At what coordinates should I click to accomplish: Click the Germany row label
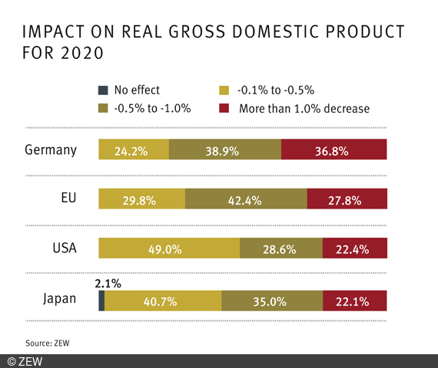pyautogui.click(x=51, y=149)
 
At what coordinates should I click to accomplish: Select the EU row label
pyautogui.click(x=68, y=199)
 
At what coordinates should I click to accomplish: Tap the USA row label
pyautogui.click(x=64, y=248)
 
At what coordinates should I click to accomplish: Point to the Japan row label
pyautogui.click(x=58, y=299)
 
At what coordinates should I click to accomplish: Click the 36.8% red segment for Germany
pyautogui.click(x=333, y=149)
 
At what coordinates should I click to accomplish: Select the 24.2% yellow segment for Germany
pyautogui.click(x=134, y=149)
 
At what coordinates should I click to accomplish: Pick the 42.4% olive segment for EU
pyautogui.click(x=246, y=199)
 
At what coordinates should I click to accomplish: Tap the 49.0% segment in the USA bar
pyautogui.click(x=169, y=248)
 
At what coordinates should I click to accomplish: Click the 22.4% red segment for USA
pyautogui.click(x=354, y=248)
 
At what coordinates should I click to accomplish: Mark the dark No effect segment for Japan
pyautogui.click(x=101, y=301)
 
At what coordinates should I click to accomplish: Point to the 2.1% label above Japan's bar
pyautogui.click(x=108, y=283)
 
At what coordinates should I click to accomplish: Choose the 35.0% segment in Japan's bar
pyautogui.click(x=271, y=301)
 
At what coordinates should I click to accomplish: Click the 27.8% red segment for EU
pyautogui.click(x=347, y=199)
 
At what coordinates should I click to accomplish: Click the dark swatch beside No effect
pyautogui.click(x=103, y=90)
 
